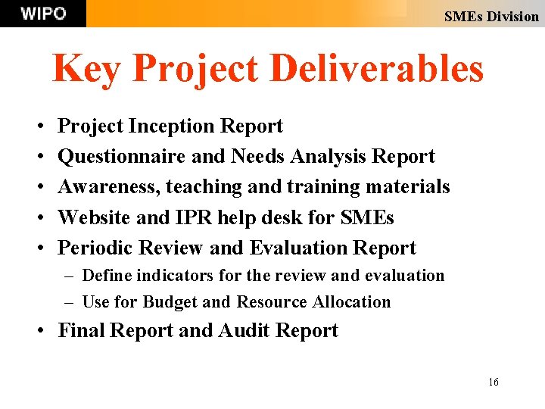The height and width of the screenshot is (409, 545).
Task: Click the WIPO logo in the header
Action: [x=43, y=14]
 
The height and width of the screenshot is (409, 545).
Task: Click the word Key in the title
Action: [x=87, y=69]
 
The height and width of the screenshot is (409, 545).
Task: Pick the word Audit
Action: [x=244, y=331]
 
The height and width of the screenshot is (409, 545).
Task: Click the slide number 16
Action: [x=493, y=382]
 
